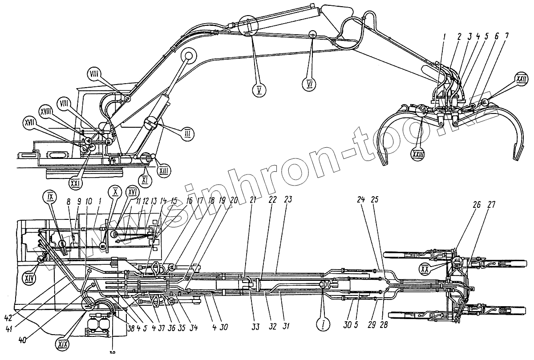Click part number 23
tap(288, 200)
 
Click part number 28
tap(384, 325)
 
